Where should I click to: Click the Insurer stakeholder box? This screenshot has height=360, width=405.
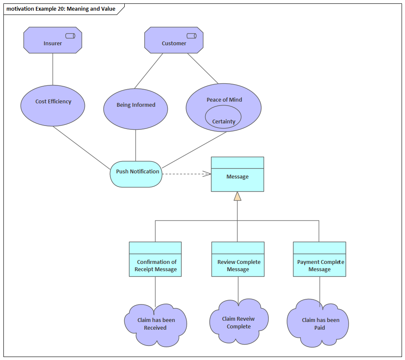52,43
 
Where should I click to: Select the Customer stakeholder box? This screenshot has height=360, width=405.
173,43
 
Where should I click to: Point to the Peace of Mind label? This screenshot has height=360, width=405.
224,100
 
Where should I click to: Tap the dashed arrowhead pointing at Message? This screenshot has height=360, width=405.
207,173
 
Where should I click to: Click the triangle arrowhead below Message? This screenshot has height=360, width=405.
237,196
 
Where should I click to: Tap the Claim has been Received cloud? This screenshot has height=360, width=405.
156,325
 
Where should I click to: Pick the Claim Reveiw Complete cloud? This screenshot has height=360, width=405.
239,323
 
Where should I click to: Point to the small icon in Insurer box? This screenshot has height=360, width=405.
70,36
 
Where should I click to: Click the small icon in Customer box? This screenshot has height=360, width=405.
191,36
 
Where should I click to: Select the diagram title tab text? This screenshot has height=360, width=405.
61,9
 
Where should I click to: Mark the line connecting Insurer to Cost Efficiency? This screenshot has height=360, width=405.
53,69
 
